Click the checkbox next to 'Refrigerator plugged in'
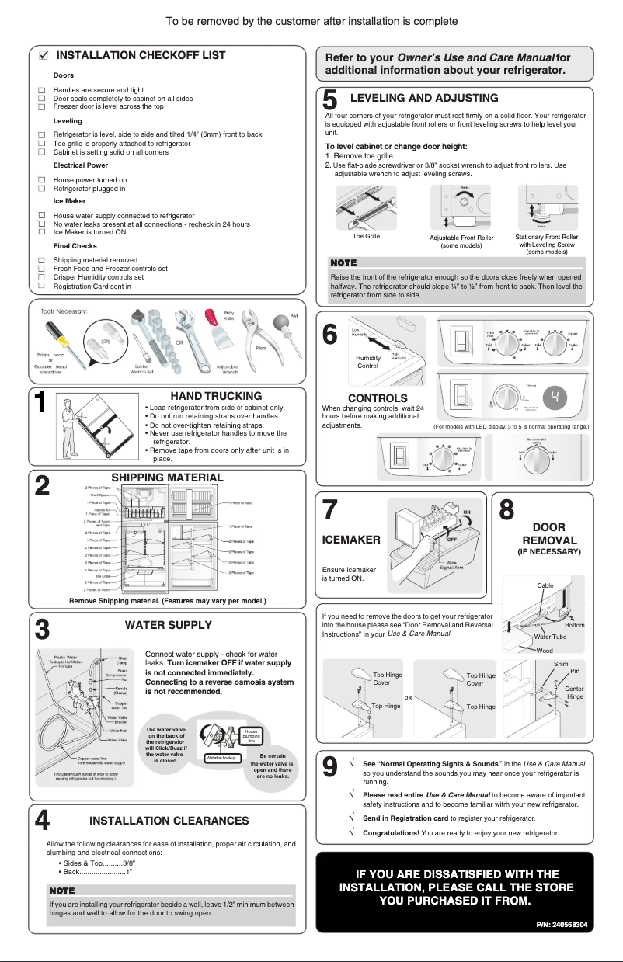pyautogui.click(x=41, y=189)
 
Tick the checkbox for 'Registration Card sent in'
pyautogui.click(x=41, y=286)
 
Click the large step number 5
pyautogui.click(x=329, y=101)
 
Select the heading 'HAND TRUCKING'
pyautogui.click(x=216, y=396)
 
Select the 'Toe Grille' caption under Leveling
pyautogui.click(x=366, y=236)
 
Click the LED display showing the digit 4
pyautogui.click(x=555, y=398)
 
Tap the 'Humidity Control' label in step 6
pyautogui.click(x=367, y=362)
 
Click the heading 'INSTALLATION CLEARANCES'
pyautogui.click(x=169, y=820)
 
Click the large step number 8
pyautogui.click(x=506, y=511)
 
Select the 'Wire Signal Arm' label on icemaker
pyautogui.click(x=452, y=565)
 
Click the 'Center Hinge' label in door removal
pyautogui.click(x=574, y=693)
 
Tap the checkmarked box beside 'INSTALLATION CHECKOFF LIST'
pyautogui.click(x=44, y=56)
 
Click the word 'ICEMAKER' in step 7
pyautogui.click(x=350, y=540)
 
